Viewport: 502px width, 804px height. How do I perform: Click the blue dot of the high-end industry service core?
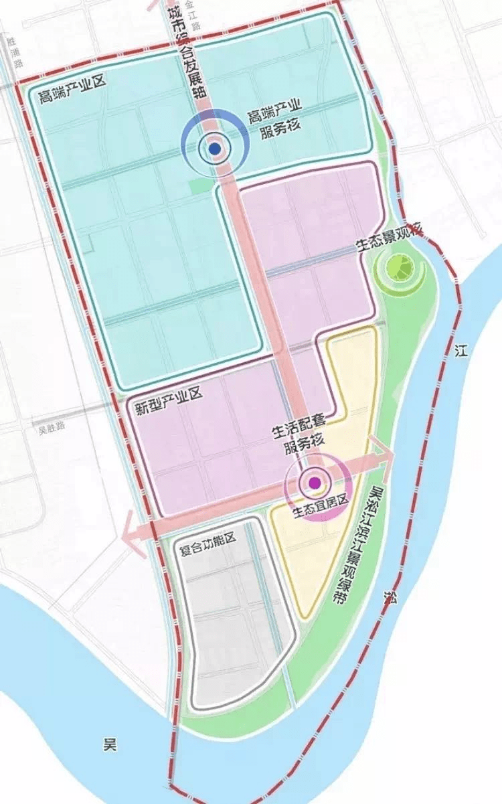pos(215,149)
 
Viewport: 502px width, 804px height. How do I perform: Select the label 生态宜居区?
pos(321,513)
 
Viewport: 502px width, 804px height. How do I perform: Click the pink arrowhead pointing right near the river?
pos(384,454)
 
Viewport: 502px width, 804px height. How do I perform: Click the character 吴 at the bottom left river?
pos(109,746)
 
